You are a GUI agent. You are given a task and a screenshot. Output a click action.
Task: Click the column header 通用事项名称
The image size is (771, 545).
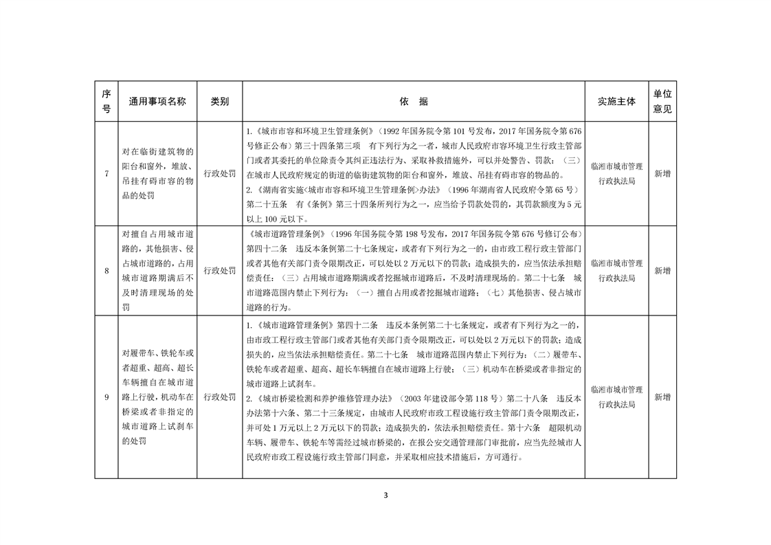157,101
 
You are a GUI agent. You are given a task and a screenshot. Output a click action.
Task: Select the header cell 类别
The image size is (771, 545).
219,101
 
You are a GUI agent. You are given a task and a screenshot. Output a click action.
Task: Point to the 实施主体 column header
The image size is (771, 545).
616,101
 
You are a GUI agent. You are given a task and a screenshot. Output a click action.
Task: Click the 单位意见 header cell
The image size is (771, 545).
662,101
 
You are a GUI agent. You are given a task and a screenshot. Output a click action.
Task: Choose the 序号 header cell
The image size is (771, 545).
107,101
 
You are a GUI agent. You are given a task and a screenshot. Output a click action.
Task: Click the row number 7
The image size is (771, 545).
107,174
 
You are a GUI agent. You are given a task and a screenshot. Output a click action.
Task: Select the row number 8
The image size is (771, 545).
107,271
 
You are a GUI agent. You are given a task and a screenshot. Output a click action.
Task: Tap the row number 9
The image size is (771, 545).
107,397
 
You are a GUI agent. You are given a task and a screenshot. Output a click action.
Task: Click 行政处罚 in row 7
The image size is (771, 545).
219,174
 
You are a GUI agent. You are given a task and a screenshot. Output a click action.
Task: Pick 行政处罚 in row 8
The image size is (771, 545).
219,271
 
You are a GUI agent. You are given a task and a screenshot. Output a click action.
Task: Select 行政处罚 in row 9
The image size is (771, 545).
219,397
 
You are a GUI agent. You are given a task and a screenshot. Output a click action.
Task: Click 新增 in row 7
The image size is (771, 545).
662,174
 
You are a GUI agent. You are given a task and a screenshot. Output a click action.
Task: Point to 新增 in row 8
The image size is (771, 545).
662,271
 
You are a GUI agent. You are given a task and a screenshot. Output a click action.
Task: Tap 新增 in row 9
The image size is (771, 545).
662,397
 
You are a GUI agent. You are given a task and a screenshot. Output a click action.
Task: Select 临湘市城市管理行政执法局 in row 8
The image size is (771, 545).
616,271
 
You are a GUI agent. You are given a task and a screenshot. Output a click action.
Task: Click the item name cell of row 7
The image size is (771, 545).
157,174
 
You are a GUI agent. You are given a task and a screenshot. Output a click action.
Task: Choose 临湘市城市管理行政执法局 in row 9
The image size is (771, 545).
616,397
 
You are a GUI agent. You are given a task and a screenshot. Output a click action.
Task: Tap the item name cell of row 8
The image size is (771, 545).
157,271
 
